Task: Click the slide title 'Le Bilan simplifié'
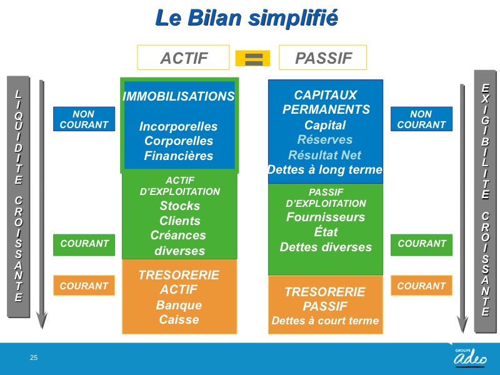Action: (x=246, y=18)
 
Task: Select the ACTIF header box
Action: (x=183, y=57)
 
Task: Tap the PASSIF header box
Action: (x=323, y=57)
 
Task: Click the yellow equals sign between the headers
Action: (x=253, y=58)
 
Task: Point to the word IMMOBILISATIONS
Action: (x=179, y=96)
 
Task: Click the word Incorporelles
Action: (x=178, y=126)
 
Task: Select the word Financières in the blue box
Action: (x=179, y=156)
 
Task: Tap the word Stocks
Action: (x=180, y=206)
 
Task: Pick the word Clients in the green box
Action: (x=180, y=221)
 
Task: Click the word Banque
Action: (x=179, y=305)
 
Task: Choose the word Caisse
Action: (x=179, y=319)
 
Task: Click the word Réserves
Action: (x=325, y=139)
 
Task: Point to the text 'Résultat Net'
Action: (x=324, y=155)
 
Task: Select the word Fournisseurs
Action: (x=326, y=217)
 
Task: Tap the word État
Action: (x=326, y=231)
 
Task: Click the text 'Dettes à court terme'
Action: (x=325, y=320)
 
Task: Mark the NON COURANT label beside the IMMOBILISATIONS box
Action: (x=84, y=119)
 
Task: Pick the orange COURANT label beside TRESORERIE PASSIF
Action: (x=421, y=286)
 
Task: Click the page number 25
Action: (x=34, y=357)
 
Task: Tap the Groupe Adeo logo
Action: (x=470, y=357)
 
